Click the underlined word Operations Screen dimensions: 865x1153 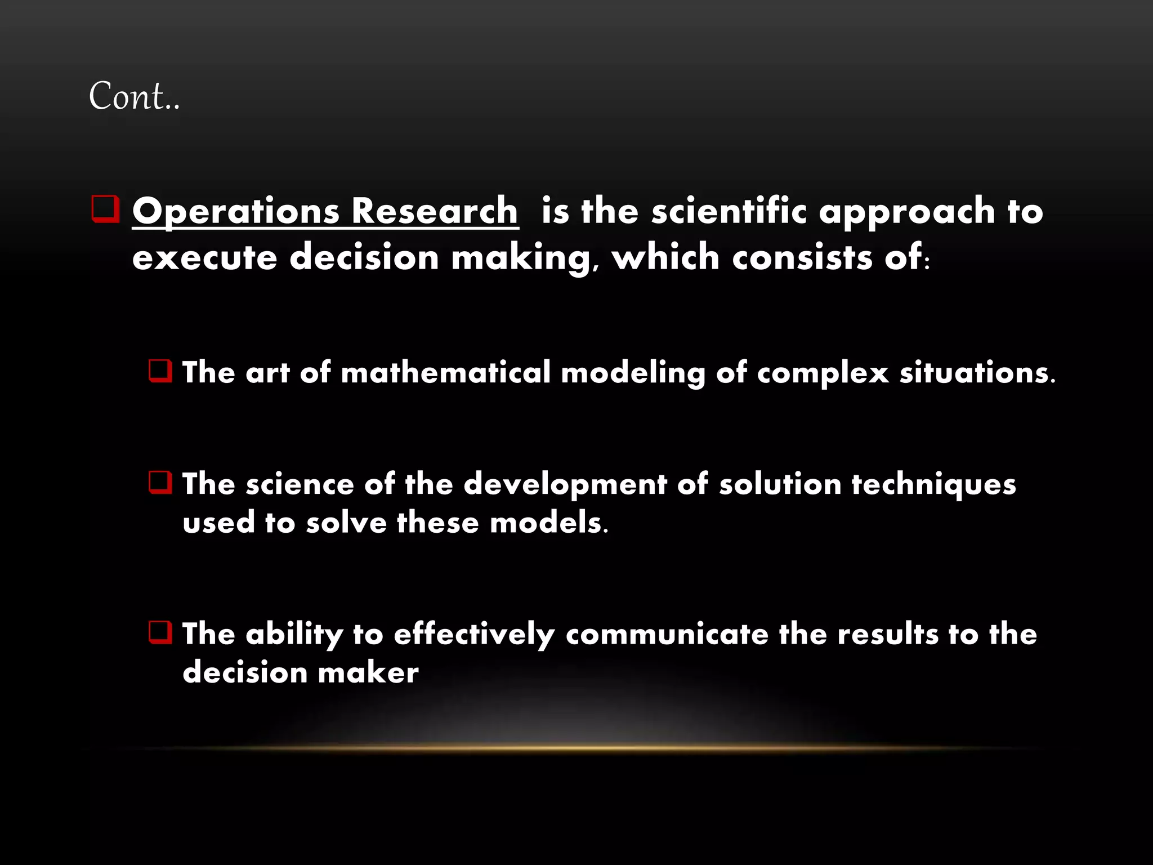[236, 212]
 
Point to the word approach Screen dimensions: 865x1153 [907, 212]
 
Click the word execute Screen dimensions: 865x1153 [205, 258]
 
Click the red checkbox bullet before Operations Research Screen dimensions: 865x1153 [105, 209]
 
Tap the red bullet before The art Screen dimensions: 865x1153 [160, 371]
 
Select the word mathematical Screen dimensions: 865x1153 [445, 373]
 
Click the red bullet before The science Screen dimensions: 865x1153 [160, 483]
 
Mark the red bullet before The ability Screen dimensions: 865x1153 [160, 632]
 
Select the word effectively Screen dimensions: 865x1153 [474, 635]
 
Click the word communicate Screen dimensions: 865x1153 [667, 634]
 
